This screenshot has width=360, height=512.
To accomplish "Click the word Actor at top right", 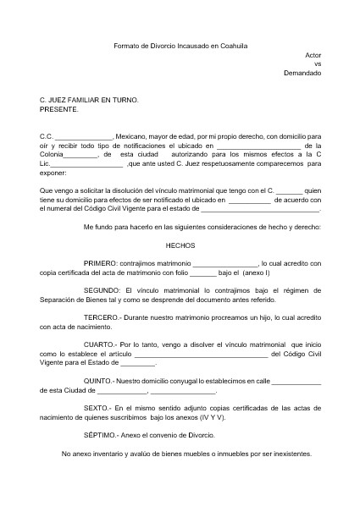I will tap(313, 54).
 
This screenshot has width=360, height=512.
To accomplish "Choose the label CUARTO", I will tap(102, 344).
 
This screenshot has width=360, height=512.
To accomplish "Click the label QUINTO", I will tap(100, 381).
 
